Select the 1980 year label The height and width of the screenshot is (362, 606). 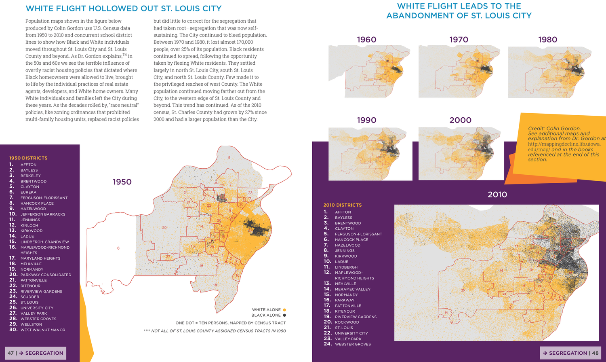coord(547,40)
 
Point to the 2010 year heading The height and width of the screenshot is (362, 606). coord(497,195)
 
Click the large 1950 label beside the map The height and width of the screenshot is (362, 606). coord(122,182)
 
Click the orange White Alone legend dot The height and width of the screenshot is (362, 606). coord(284,310)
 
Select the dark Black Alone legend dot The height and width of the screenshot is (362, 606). coord(284,315)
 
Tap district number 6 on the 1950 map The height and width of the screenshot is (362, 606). coord(118,248)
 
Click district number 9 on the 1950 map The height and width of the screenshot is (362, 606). coord(229,158)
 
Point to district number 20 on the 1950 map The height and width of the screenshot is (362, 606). coord(164,228)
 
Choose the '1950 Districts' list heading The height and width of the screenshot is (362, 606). coord(28,158)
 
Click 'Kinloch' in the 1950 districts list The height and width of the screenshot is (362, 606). coord(29,225)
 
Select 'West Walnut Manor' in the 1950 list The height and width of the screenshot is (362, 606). coord(43,330)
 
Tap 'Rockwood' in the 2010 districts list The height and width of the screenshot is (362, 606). coord(347,322)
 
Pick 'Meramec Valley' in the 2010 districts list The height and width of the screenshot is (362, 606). coord(352,289)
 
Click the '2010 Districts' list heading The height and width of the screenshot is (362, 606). coord(343,205)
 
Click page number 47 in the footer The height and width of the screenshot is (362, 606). coord(11,353)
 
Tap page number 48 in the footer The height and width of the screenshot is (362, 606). coord(595,353)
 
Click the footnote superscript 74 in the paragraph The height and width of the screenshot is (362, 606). coord(125,55)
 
